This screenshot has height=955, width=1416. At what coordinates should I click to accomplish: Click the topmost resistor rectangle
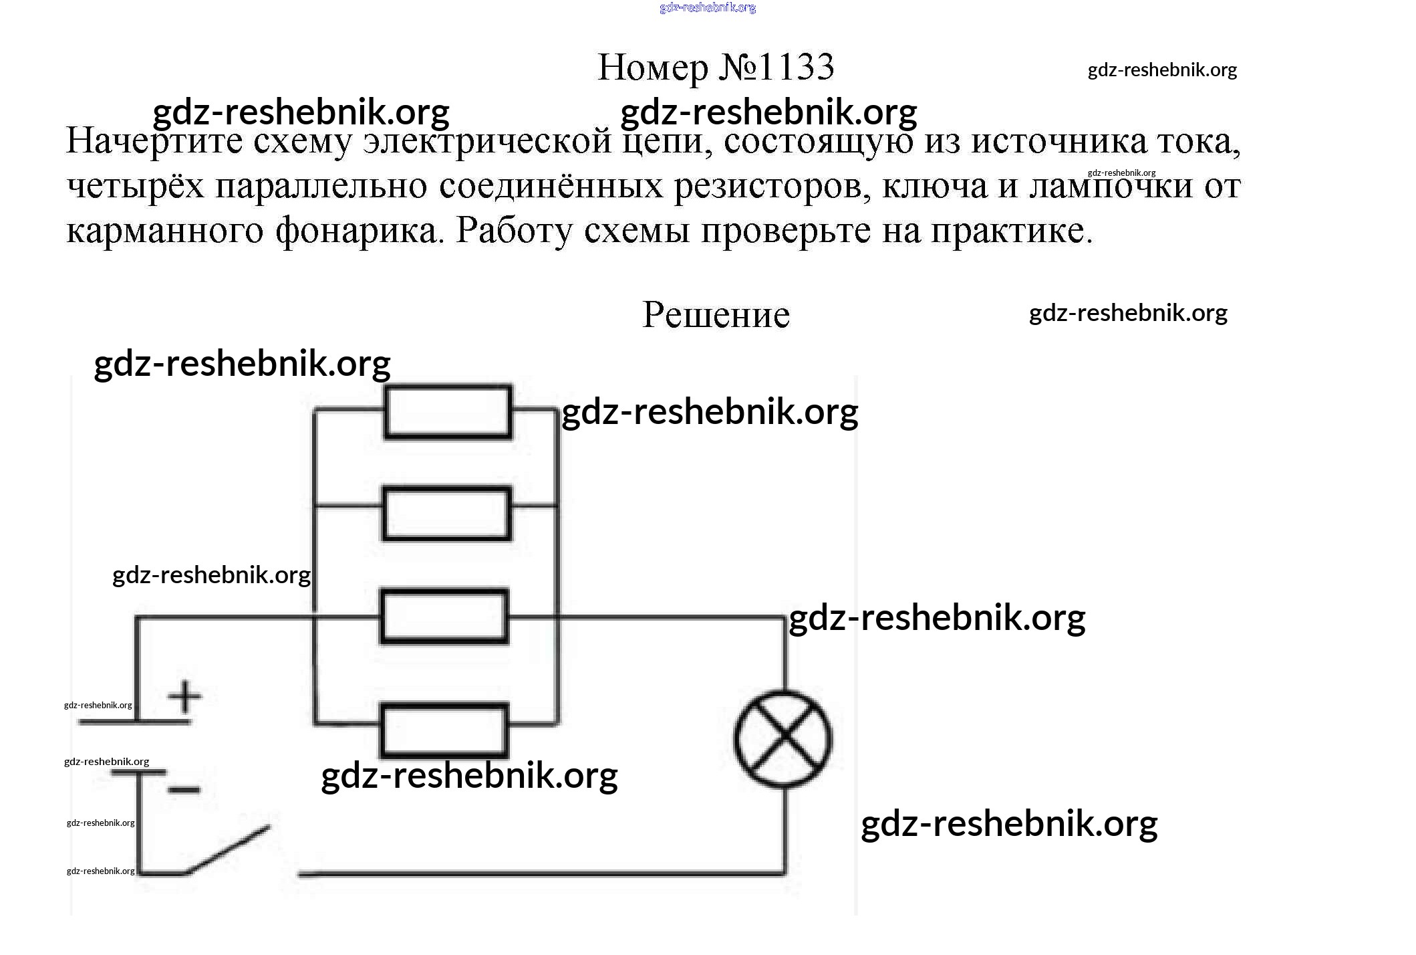(x=448, y=411)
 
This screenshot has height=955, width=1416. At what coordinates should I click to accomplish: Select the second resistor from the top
(x=446, y=514)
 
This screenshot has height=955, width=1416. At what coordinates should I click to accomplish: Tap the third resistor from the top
(x=444, y=616)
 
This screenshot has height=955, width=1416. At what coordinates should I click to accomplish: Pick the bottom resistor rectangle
(x=444, y=730)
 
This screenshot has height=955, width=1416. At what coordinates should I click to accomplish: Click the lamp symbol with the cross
(x=783, y=738)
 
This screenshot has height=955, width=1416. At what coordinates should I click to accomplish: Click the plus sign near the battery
(x=184, y=697)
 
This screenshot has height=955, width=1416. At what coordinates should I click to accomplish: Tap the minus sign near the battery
(x=184, y=790)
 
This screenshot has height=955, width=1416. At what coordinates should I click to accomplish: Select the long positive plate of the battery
(x=135, y=722)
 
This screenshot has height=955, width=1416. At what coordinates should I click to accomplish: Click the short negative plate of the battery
(x=138, y=772)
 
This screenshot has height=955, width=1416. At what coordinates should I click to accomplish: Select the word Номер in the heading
(x=652, y=68)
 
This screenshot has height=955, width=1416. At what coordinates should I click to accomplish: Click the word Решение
(x=716, y=314)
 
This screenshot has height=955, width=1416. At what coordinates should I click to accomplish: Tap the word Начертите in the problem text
(x=154, y=142)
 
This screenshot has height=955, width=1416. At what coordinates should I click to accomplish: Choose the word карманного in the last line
(x=164, y=231)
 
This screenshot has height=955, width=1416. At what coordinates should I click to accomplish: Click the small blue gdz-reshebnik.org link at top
(x=707, y=7)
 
